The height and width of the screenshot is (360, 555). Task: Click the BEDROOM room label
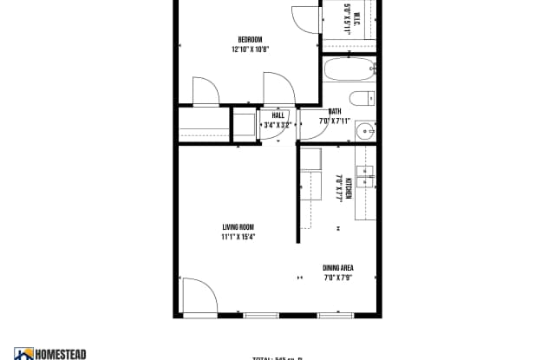coord(251,39)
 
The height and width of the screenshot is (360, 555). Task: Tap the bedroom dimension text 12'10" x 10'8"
coord(251,49)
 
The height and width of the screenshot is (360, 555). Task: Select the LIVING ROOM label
coord(237,227)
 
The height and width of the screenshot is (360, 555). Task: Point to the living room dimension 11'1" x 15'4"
coord(237,237)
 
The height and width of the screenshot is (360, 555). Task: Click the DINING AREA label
coord(338,268)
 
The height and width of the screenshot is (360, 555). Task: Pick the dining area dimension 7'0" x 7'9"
coord(338,278)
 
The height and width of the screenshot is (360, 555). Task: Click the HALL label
coord(278,115)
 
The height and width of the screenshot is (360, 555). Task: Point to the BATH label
coord(335,111)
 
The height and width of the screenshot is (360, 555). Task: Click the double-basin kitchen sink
coord(365,176)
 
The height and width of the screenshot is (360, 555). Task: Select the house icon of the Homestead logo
coord(23,354)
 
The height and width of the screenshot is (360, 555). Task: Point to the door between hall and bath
coord(307,121)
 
